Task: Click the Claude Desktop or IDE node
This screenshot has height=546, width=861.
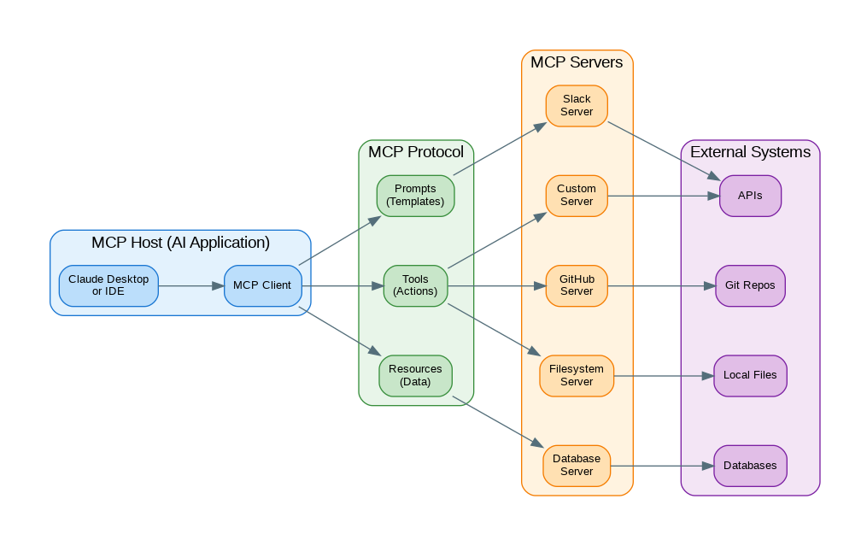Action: [108, 285]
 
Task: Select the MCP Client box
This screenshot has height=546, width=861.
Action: [262, 285]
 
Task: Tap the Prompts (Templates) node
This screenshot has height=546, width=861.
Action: [415, 196]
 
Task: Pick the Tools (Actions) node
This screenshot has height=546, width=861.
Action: [415, 285]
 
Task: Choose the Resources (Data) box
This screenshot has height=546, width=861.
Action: [415, 375]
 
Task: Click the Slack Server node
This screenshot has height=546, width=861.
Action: [577, 106]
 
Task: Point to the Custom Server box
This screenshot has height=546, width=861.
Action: [577, 196]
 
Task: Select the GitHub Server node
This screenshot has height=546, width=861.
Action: [577, 285]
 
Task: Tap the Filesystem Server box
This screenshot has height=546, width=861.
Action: [577, 375]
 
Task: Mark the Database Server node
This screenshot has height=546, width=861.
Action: [577, 466]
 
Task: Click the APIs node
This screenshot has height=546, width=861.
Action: [750, 196]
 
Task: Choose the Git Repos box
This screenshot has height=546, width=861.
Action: [750, 285]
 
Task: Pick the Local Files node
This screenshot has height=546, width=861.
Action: [750, 375]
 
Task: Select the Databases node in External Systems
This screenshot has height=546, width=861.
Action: [750, 466]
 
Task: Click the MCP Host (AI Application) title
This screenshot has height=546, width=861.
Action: [180, 243]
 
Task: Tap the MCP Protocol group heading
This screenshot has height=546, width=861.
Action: [416, 152]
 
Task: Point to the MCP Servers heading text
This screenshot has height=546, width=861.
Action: [577, 62]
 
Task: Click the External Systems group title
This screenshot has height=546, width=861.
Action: [750, 152]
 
